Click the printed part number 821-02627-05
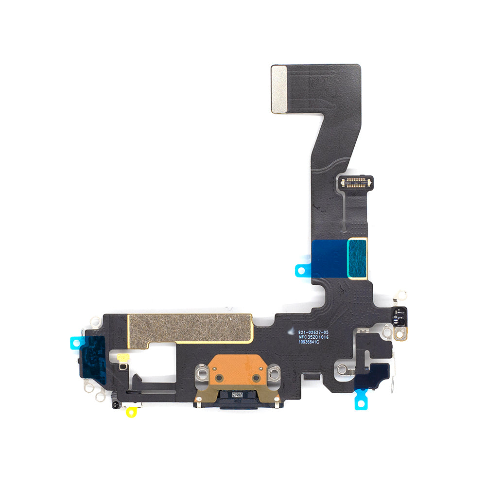(317, 332)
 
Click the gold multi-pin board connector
(357, 183)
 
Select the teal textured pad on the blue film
(357, 258)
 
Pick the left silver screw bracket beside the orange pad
(202, 373)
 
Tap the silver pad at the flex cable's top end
(279, 89)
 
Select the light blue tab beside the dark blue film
(302, 270)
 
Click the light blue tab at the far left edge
(76, 343)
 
